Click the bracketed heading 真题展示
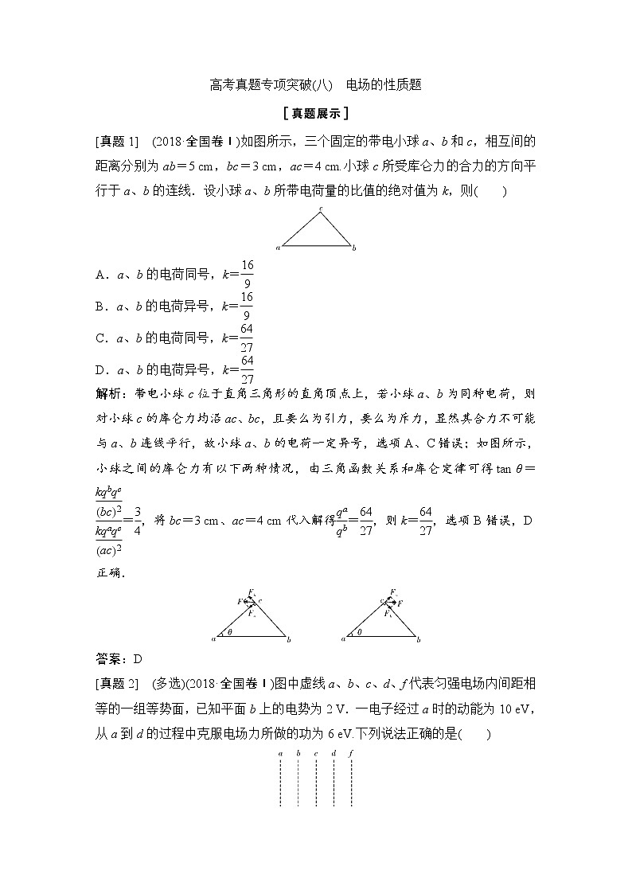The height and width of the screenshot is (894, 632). coord(316,113)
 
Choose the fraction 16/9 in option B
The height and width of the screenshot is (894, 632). coord(246,305)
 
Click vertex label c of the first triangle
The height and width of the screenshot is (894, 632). coord(320,209)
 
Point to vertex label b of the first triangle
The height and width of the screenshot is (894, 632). coord(354,248)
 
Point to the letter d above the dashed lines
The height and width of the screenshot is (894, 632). coord(334,753)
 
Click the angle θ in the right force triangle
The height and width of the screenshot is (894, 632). coord(357,632)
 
